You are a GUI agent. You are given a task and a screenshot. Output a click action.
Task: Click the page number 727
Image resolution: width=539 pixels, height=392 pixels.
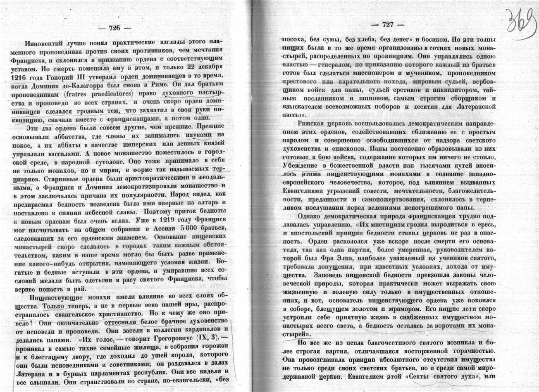tap(387, 24)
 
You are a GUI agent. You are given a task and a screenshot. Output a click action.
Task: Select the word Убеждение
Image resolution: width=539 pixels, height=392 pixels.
tap(298, 166)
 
